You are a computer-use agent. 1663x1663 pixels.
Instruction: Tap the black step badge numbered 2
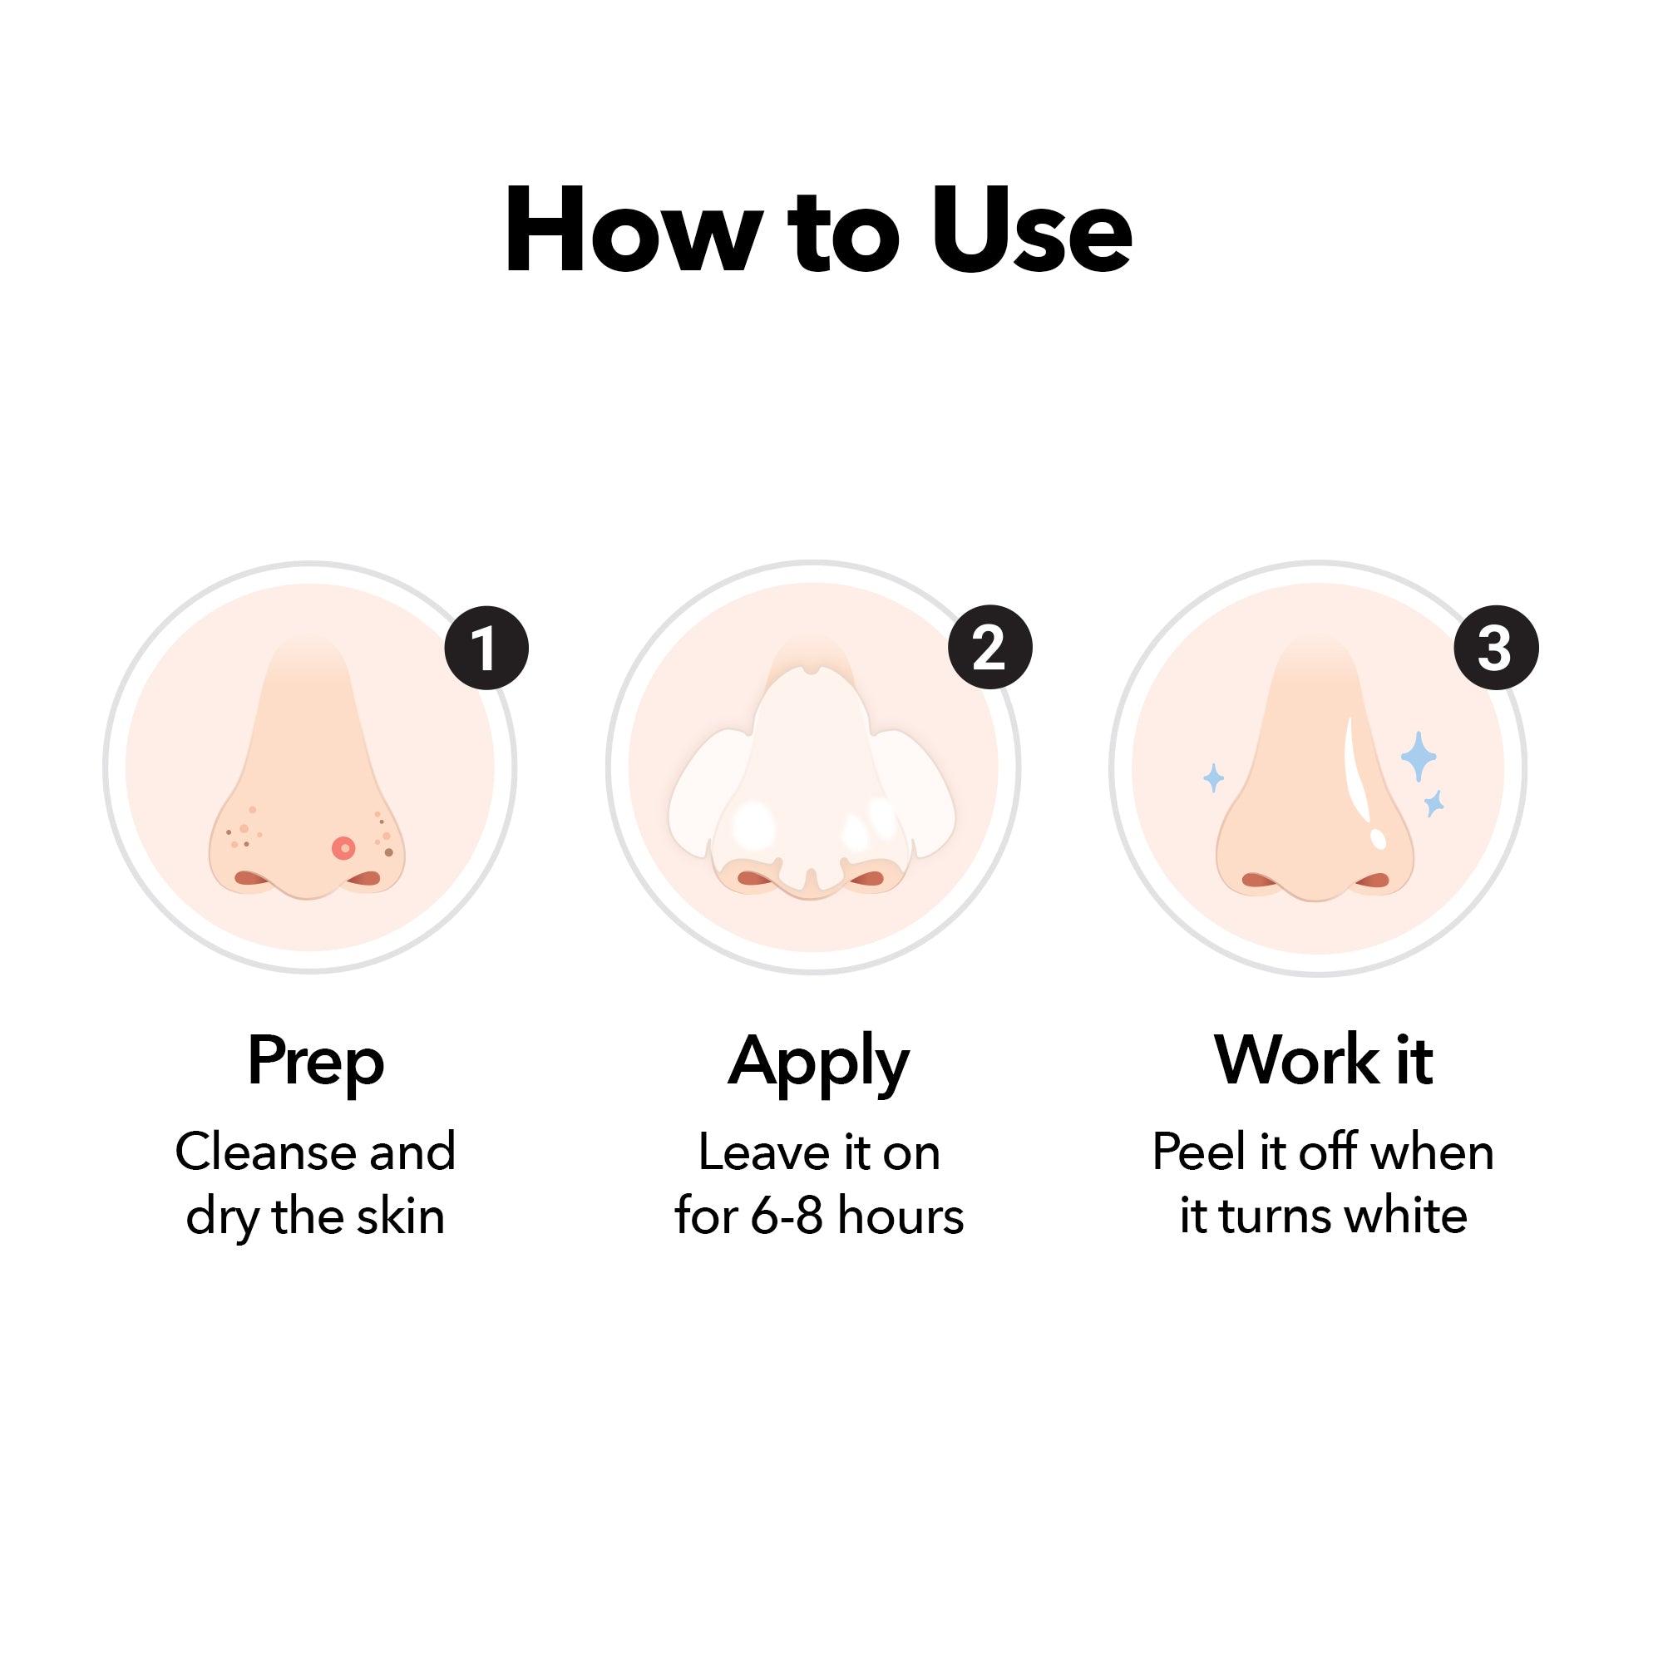(989, 647)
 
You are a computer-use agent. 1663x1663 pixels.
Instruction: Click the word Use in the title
(1032, 230)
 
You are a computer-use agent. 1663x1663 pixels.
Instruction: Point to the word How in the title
(634, 230)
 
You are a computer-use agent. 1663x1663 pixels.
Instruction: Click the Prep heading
(316, 1062)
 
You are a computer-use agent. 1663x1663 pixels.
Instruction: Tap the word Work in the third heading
(1298, 1059)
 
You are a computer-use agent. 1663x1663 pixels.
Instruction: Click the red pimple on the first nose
(343, 849)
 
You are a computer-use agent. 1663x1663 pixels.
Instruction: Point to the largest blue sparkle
(1418, 757)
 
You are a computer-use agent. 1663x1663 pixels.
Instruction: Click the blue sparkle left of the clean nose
(1214, 778)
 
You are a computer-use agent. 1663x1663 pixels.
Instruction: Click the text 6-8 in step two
(786, 1216)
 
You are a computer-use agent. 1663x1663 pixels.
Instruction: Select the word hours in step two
(901, 1216)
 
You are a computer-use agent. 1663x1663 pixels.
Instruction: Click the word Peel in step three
(1200, 1152)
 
